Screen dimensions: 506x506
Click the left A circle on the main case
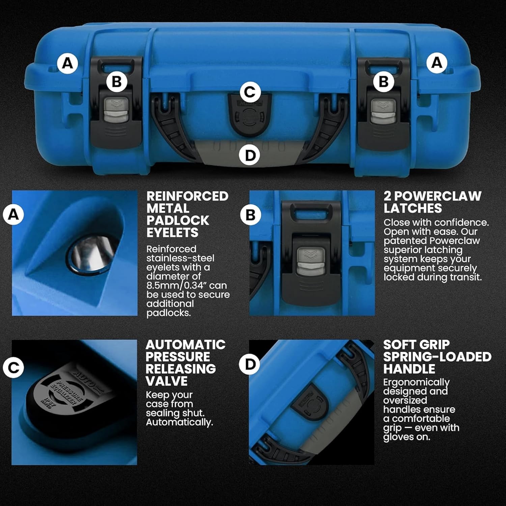tap(67, 63)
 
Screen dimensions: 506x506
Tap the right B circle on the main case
tap(384, 82)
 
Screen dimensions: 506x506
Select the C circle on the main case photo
tap(250, 92)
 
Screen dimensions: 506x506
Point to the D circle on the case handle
tap(250, 156)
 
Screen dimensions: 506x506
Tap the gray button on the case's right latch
tap(383, 111)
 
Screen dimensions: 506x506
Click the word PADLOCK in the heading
tap(178, 221)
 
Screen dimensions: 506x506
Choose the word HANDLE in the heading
tap(409, 369)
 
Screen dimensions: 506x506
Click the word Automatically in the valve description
tap(179, 422)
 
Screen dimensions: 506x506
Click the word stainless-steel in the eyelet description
tap(180, 258)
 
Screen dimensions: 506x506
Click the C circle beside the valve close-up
tap(13, 367)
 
